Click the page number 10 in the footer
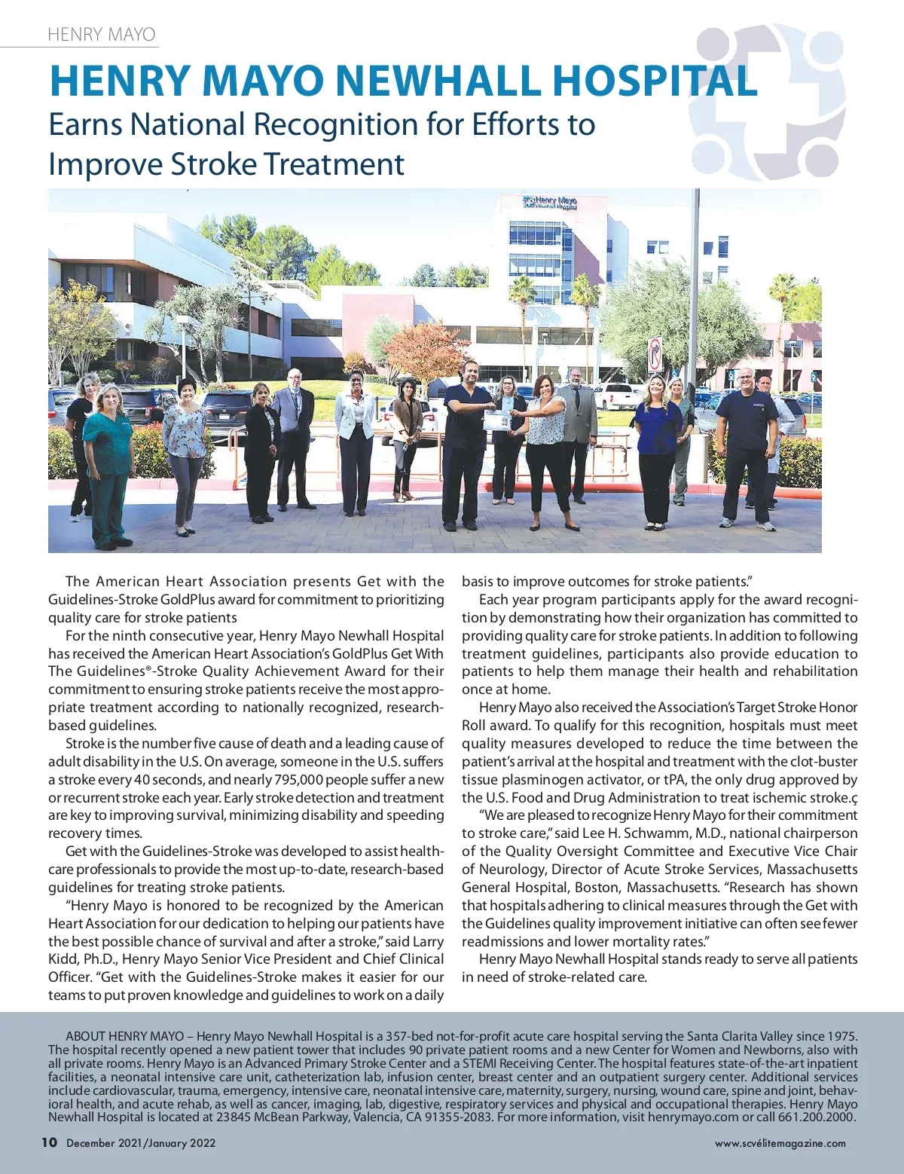point(49,1142)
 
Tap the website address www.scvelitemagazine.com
point(780,1143)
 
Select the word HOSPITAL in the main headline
point(655,81)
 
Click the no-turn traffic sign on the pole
point(655,354)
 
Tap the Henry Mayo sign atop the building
point(550,202)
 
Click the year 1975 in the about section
point(841,1036)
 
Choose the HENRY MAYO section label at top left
point(102,35)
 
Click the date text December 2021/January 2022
point(141,1143)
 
